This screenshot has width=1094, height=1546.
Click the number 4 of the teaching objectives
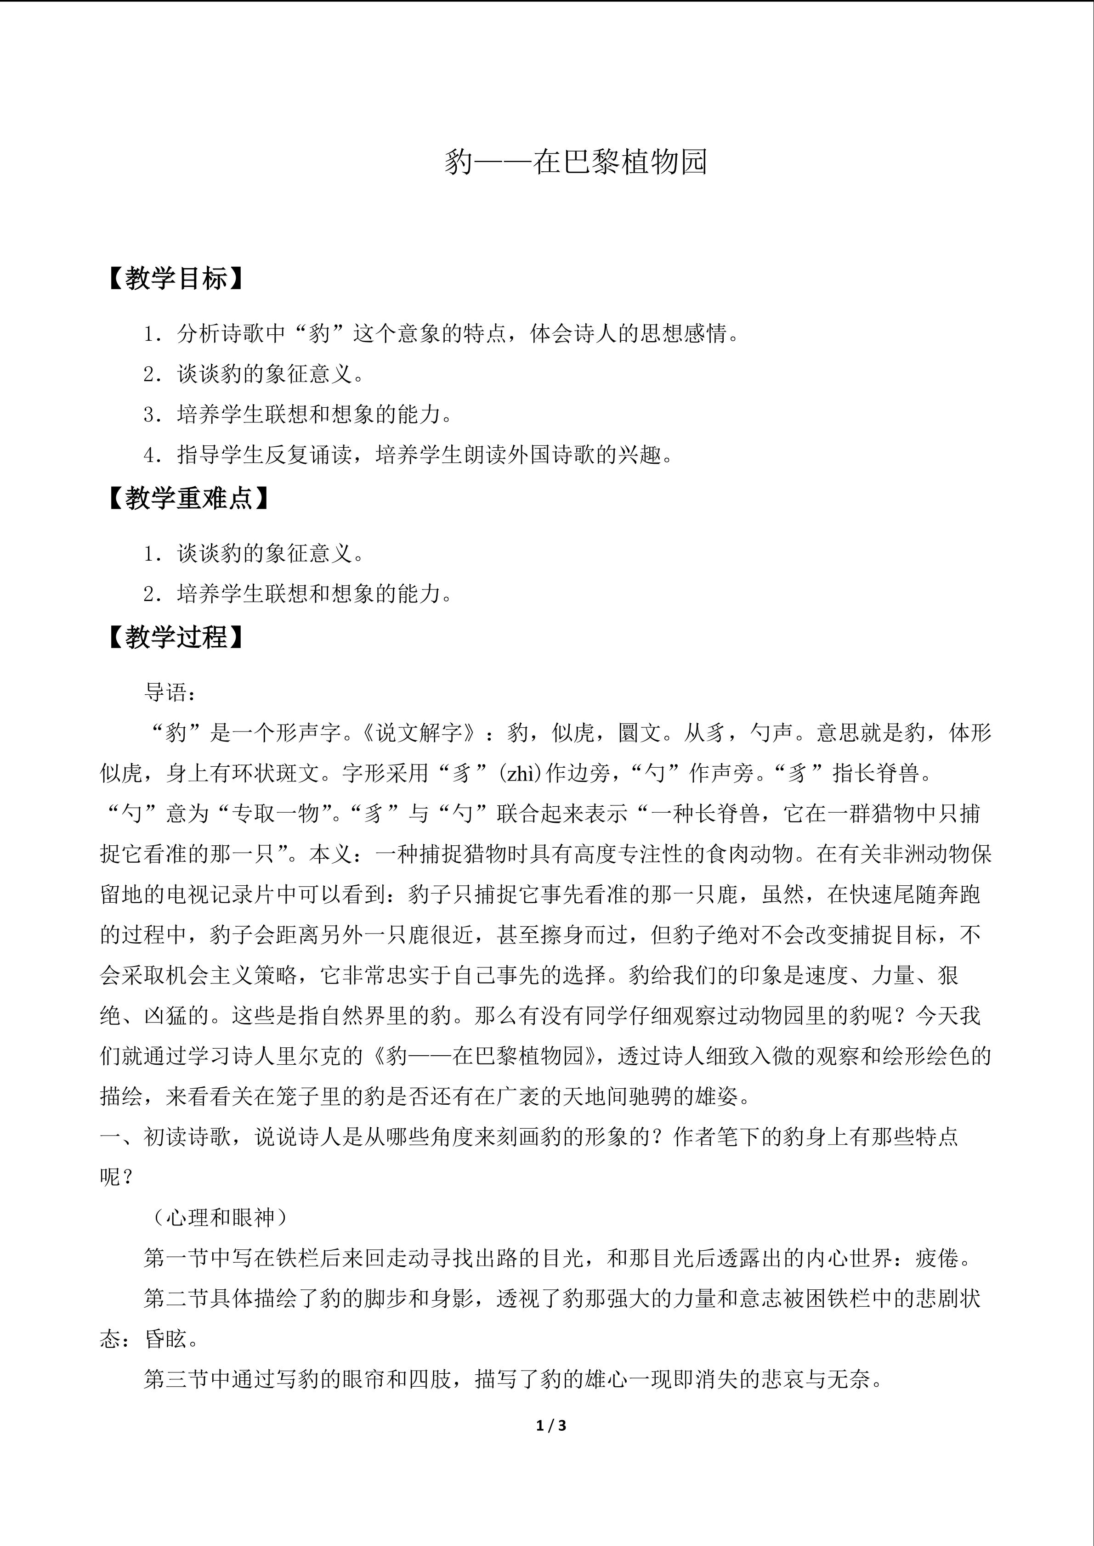(149, 455)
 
